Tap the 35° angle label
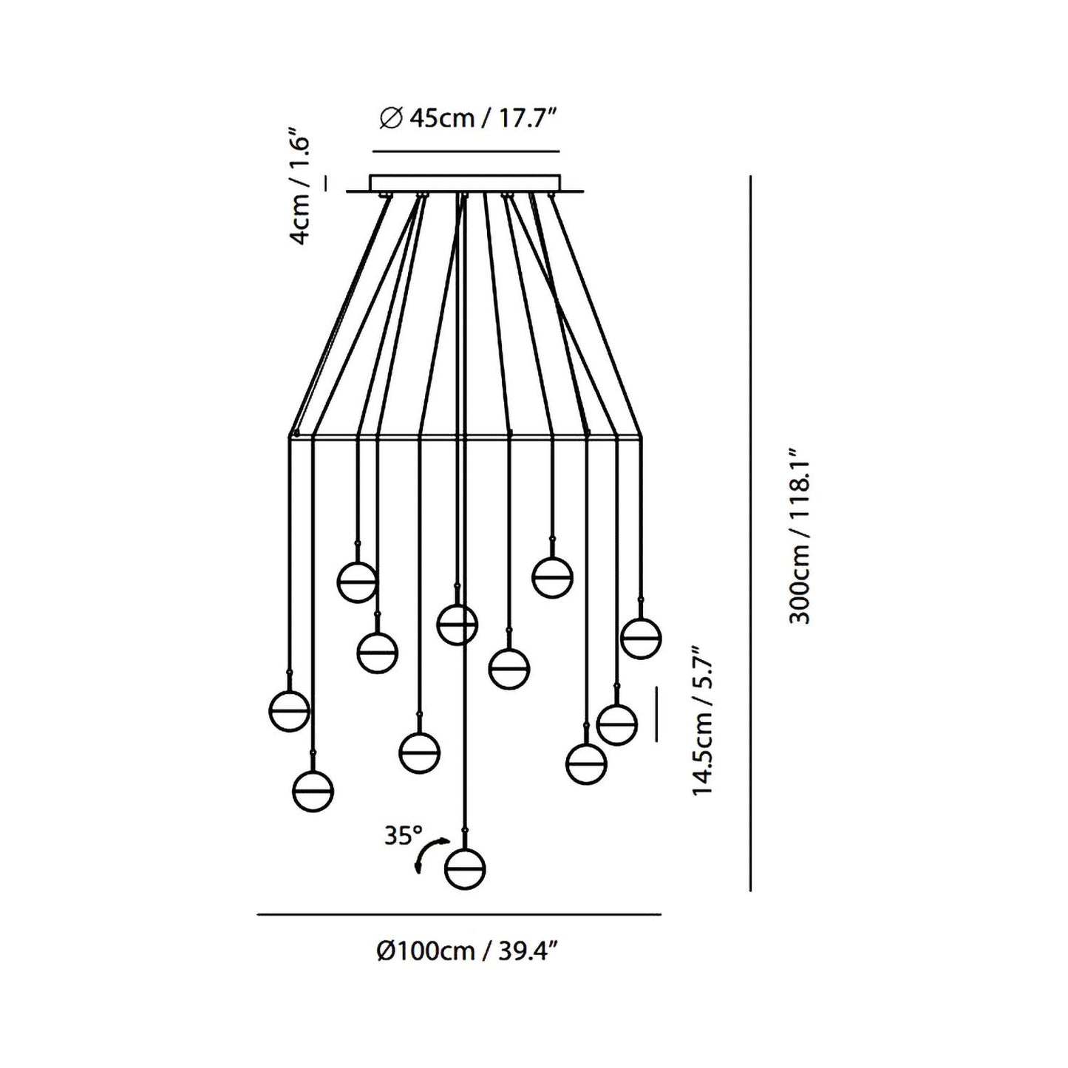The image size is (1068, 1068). pos(402,836)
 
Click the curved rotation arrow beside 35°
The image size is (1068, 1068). pos(429,856)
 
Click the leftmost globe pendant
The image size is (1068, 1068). pos(289,711)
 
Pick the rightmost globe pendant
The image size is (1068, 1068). pos(641,637)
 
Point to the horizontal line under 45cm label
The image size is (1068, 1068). pos(466,152)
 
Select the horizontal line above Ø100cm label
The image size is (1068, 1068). pos(458,915)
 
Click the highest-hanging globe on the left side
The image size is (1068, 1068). pos(358,582)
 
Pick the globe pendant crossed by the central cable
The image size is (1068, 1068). pos(457,625)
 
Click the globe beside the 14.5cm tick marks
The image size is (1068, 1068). pos(616,723)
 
